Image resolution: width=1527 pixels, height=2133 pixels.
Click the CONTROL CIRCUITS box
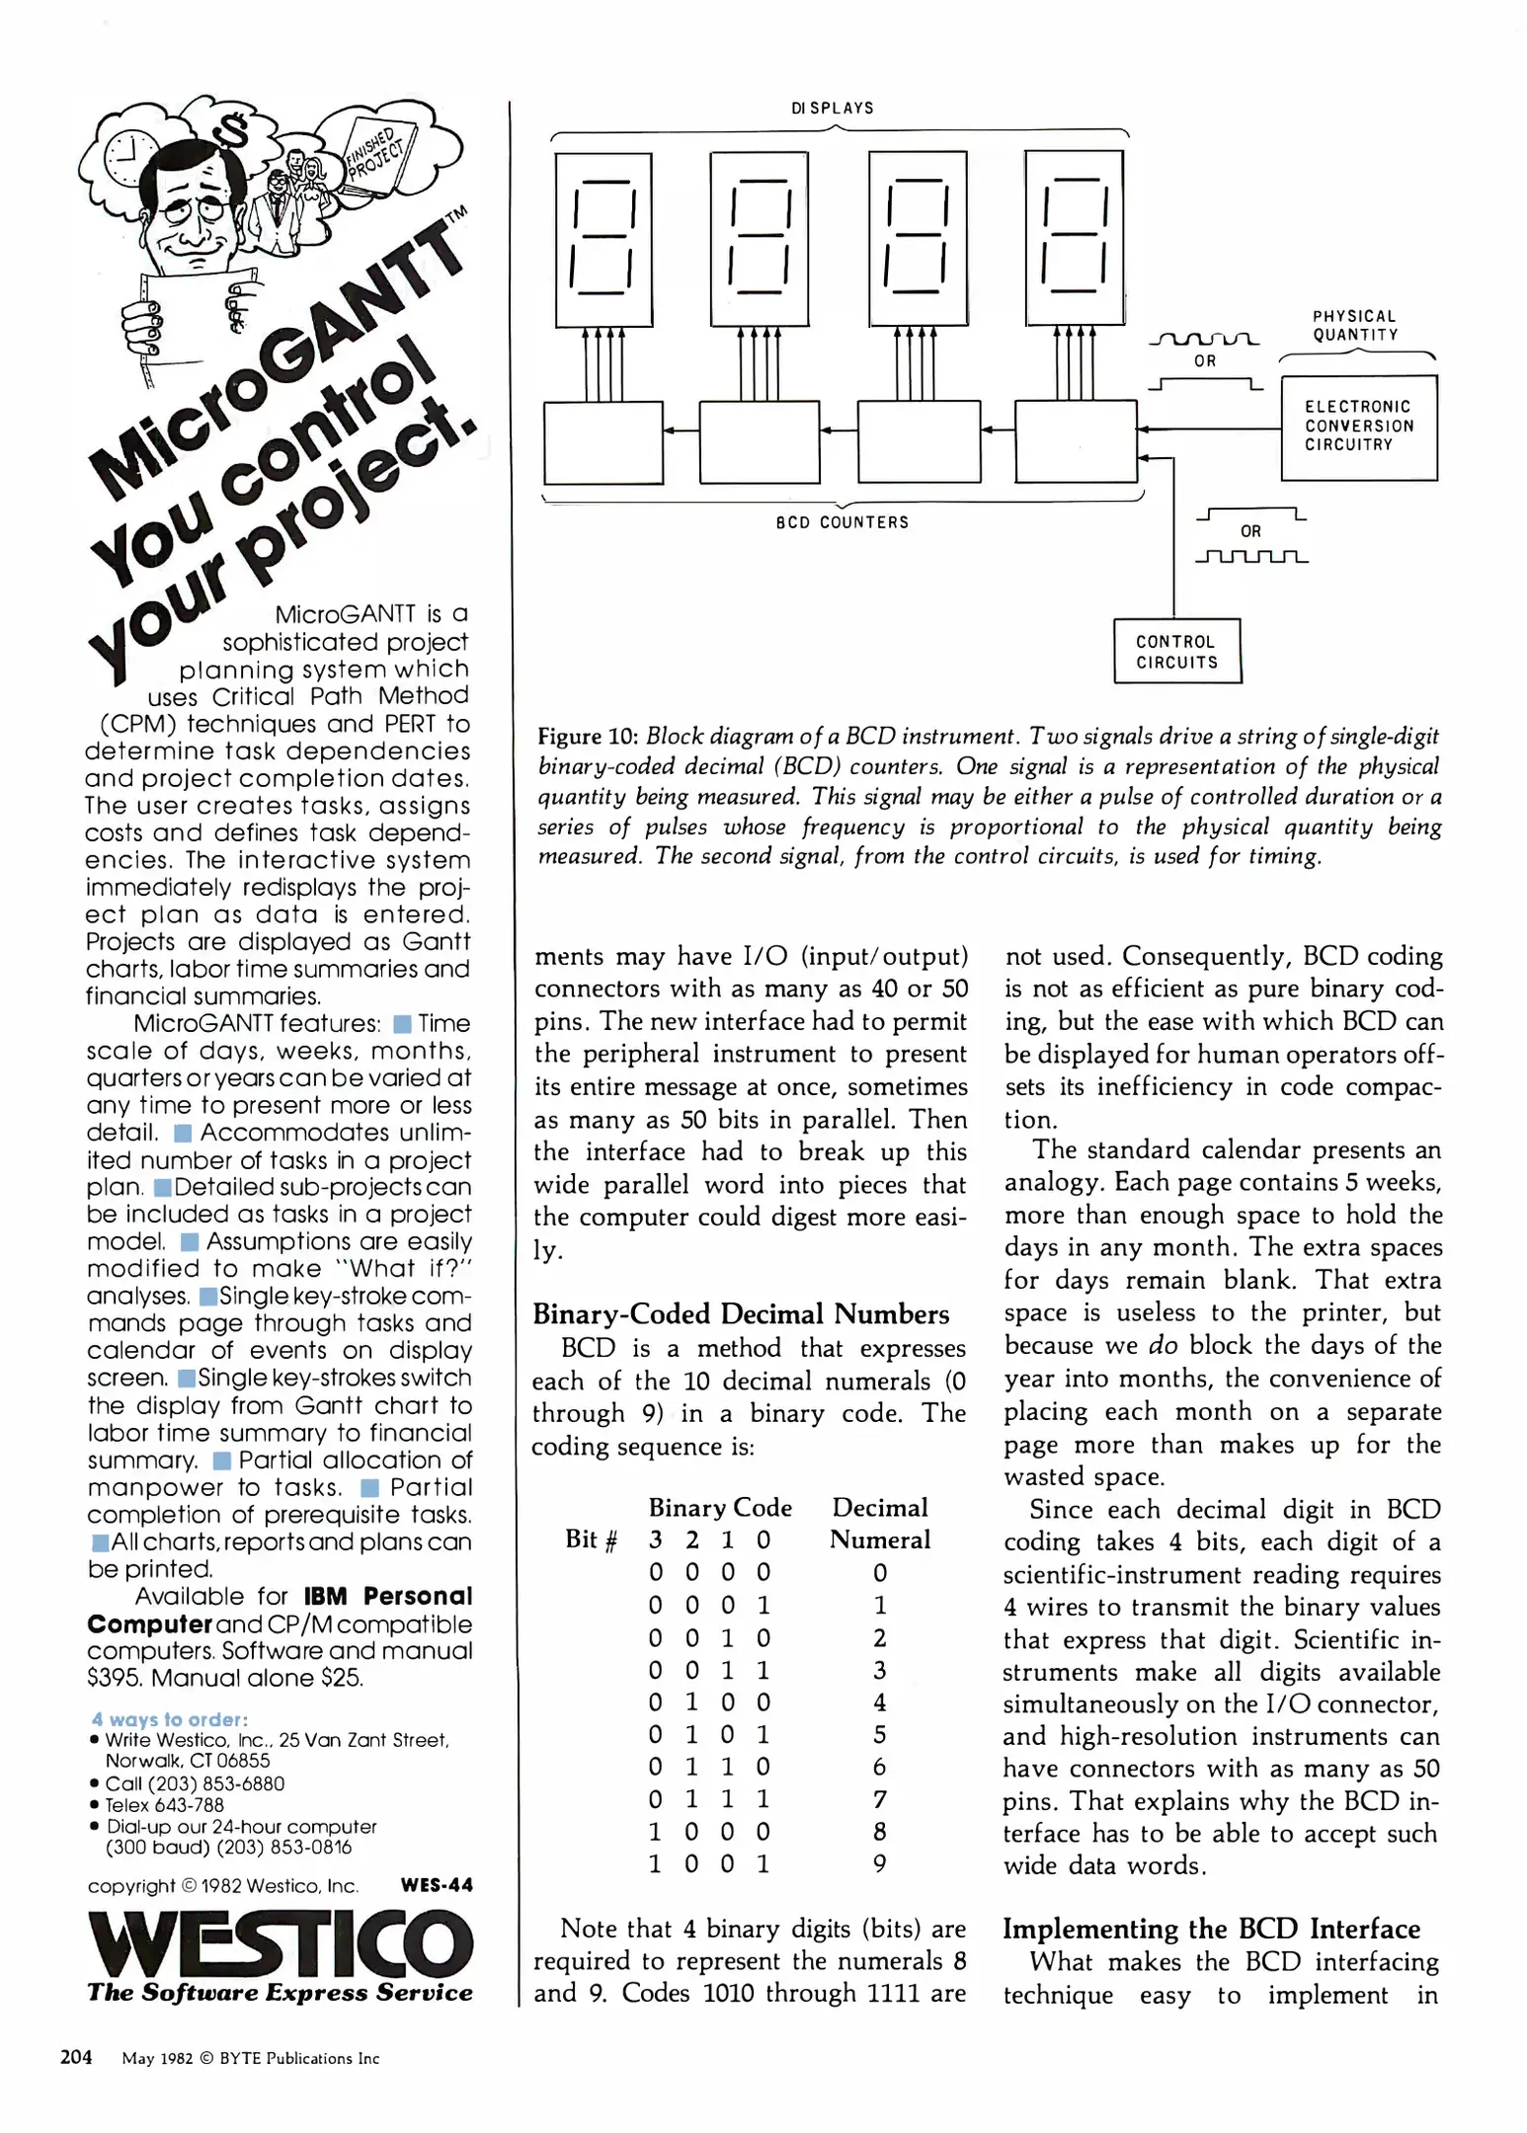(x=1176, y=651)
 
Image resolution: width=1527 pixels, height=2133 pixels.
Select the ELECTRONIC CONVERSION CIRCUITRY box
(x=1358, y=427)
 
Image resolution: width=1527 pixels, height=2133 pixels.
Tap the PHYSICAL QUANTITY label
(x=1354, y=325)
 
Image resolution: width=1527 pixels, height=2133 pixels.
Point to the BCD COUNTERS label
(x=842, y=522)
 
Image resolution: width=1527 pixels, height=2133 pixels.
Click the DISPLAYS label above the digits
(x=832, y=108)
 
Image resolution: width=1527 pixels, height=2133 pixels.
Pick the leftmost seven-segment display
(x=603, y=239)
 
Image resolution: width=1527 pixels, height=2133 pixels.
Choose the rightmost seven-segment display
(x=1074, y=237)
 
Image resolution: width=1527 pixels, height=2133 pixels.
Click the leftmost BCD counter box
(x=603, y=441)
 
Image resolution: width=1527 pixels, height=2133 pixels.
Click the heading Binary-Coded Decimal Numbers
(x=741, y=1314)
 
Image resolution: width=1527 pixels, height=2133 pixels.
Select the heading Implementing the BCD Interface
(x=1211, y=1929)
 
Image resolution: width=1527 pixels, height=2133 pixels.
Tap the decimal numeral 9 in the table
(x=879, y=1863)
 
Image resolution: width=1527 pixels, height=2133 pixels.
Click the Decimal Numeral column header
(x=879, y=1524)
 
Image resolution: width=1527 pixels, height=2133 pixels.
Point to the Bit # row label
(x=591, y=1540)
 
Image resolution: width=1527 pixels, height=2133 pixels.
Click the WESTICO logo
(x=281, y=1943)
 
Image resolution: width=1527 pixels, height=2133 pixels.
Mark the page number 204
(x=76, y=2057)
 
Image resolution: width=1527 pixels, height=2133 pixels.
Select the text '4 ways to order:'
(x=169, y=1719)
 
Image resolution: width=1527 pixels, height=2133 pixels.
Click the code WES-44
(x=437, y=1885)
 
